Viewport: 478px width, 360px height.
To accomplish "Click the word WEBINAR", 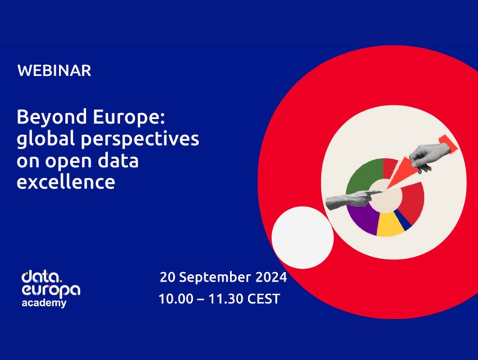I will click(54, 71).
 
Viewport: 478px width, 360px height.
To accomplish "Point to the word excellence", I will click(66, 182).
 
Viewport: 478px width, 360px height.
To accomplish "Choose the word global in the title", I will click(48, 140).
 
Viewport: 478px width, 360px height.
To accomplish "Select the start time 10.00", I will click(174, 299).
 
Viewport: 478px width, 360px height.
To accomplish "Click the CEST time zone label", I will click(262, 299).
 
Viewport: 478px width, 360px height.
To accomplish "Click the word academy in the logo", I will click(44, 303).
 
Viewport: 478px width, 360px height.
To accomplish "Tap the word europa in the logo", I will click(50, 290).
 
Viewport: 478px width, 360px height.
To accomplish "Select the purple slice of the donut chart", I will click(363, 220).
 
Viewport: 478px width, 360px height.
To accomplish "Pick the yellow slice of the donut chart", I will click(389, 225).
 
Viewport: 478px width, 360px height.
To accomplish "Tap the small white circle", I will click(302, 238).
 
